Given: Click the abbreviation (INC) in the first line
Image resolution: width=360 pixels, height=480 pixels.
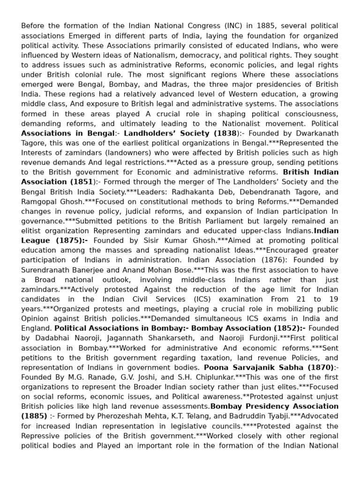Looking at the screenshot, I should click(218, 25).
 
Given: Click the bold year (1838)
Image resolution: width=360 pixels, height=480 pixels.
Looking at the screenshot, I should click(225, 133).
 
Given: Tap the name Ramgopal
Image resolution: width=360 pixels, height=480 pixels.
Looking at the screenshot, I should click(40, 202).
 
